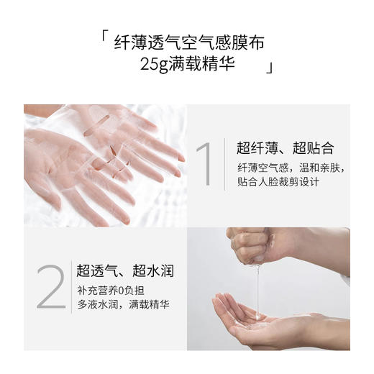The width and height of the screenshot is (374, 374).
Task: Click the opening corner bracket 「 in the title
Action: (x=106, y=37)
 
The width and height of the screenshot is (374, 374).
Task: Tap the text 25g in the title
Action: (x=158, y=65)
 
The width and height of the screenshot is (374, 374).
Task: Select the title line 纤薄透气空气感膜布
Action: (x=189, y=43)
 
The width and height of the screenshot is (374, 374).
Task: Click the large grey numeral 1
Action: (x=204, y=164)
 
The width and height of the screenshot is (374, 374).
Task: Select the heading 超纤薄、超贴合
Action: (x=286, y=149)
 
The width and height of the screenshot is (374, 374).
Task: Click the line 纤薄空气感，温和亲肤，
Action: (x=291, y=168)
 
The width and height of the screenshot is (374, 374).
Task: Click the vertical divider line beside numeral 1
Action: (x=225, y=164)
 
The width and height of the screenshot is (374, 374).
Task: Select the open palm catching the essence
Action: (x=252, y=316)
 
